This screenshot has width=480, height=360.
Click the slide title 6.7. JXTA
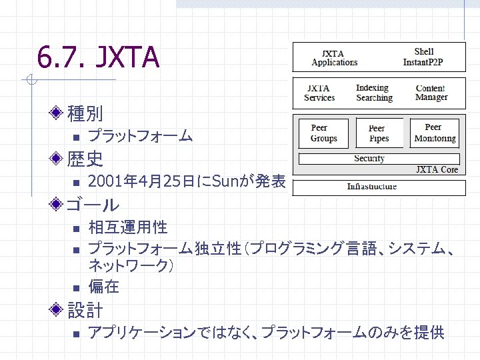tap(98, 59)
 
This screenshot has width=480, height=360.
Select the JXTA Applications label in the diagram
tap(335, 57)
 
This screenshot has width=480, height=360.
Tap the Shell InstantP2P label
tap(424, 57)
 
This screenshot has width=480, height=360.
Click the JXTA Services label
tap(319, 93)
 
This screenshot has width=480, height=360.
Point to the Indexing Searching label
tap(373, 93)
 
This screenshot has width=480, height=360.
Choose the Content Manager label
tap(431, 93)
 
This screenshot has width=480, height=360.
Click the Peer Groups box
tap(324, 133)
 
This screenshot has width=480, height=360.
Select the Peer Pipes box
tap(377, 133)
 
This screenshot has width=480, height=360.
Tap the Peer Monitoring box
tap(434, 133)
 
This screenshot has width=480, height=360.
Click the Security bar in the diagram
tap(379, 159)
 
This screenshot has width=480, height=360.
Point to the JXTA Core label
tap(437, 170)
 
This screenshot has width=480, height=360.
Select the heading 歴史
tap(85, 159)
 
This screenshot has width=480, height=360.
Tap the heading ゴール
tap(93, 205)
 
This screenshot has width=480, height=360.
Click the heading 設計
tap(85, 310)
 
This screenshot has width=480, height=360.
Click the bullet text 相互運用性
tap(128, 228)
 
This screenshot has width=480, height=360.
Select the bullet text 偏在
tap(104, 287)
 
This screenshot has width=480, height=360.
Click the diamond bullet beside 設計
tap(59, 310)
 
